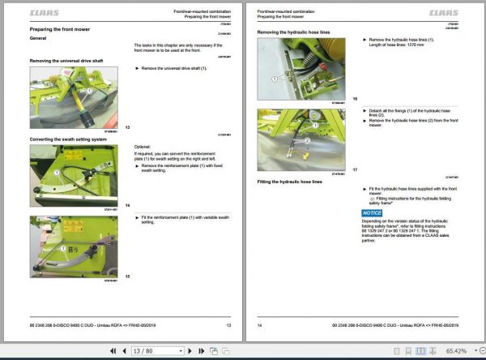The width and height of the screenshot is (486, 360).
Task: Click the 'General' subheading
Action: coord(38,38)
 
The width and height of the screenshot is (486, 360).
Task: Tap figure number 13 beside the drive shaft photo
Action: coord(127,127)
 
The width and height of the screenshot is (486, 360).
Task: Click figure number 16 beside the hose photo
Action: coord(355,98)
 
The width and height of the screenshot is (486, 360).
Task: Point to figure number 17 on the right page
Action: coord(355,169)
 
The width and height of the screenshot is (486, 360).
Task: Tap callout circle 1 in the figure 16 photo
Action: coord(275,79)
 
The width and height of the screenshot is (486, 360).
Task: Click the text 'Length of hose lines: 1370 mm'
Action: coord(398,45)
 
